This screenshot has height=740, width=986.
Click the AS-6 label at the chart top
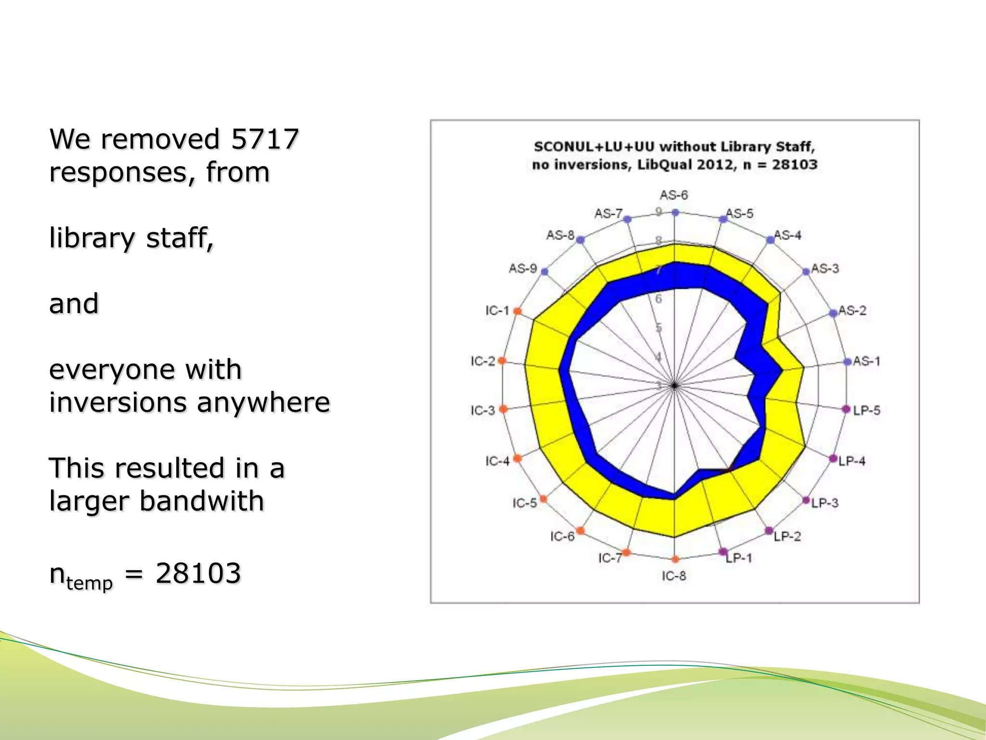[674, 195]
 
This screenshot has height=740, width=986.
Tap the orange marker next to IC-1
[518, 311]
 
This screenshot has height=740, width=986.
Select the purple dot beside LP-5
[846, 409]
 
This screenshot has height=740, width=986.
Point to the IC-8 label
[674, 576]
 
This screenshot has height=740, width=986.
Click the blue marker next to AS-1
[848, 361]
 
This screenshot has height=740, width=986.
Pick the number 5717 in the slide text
[265, 139]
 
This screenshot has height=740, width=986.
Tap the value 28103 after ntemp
[198, 573]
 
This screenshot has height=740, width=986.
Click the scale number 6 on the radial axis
[659, 299]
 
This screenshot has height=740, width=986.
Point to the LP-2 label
[787, 536]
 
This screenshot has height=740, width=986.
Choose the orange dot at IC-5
[543, 499]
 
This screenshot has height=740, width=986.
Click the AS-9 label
[523, 268]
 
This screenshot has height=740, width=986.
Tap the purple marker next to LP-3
[806, 501]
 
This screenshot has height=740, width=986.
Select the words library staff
[131, 238]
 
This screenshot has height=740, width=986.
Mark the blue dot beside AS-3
[806, 272]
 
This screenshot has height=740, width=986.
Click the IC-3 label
[483, 410]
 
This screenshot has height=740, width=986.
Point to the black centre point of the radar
[675, 385]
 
